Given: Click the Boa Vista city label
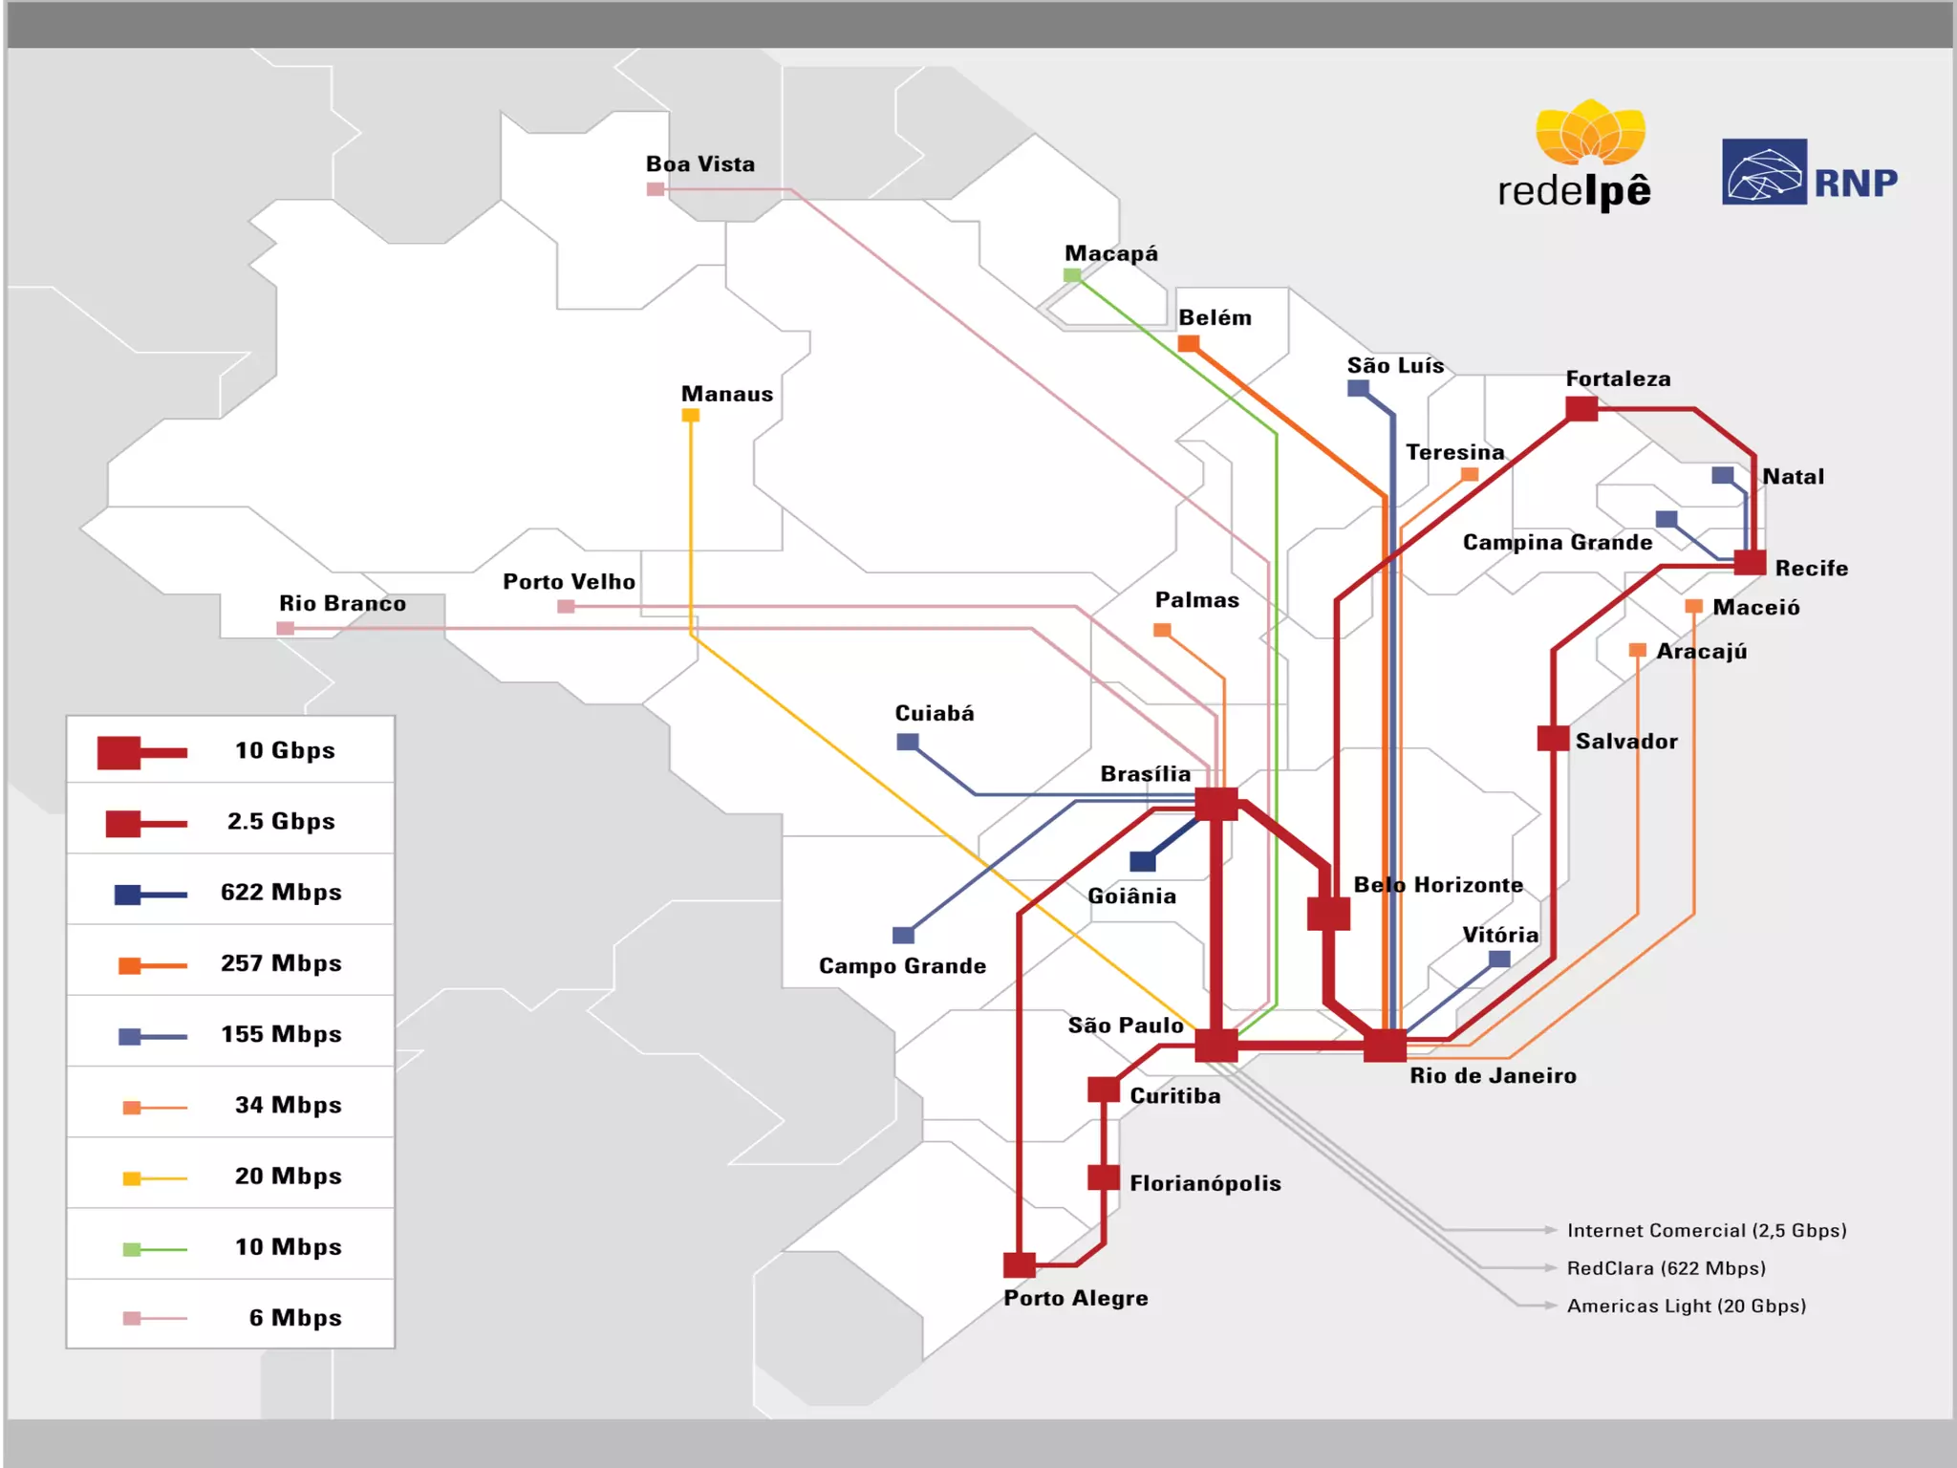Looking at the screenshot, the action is click(x=699, y=164).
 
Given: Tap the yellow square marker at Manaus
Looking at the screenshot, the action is click(x=691, y=416).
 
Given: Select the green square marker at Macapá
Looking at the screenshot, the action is click(x=1072, y=276).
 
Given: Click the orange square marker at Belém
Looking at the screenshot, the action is click(x=1189, y=343).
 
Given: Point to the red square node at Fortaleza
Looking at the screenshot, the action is click(x=1581, y=409).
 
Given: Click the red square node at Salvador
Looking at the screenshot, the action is click(x=1553, y=739).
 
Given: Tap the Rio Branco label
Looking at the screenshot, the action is click(x=342, y=603).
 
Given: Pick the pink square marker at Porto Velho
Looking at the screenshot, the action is click(x=566, y=606).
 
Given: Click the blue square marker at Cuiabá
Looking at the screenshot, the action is click(x=908, y=742).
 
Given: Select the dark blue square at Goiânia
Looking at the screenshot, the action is click(x=1143, y=861).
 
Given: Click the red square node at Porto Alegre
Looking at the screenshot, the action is click(x=1020, y=1265).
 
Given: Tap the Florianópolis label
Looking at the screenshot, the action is click(x=1205, y=1183).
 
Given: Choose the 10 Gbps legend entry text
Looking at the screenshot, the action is click(x=285, y=750).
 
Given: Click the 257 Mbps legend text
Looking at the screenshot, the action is click(x=281, y=963).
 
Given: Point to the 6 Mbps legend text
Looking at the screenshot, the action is click(x=294, y=1318).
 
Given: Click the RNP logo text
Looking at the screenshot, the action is click(x=1856, y=183).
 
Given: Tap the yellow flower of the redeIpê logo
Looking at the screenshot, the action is click(x=1590, y=132).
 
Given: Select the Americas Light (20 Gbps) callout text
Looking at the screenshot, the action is click(x=1687, y=1306).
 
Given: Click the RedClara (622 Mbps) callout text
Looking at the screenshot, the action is click(x=1666, y=1268).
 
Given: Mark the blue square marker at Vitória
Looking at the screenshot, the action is click(x=1500, y=959).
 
